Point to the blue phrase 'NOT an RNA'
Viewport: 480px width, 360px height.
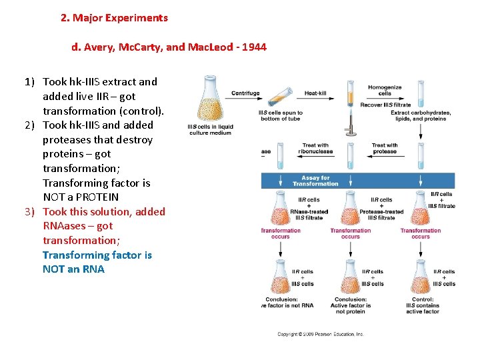(73, 269)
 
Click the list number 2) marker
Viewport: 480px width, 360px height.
(31, 125)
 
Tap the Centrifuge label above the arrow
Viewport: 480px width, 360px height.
(245, 93)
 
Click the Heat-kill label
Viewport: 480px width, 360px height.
(315, 93)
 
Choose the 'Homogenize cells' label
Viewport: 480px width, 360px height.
(385, 91)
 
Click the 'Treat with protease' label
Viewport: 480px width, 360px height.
(385, 148)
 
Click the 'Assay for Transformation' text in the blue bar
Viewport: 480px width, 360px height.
(315, 181)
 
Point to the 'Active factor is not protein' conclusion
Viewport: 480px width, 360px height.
(351, 305)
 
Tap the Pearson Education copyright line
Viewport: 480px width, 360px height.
(321, 333)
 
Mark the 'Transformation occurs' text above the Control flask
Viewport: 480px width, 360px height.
(420, 233)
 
